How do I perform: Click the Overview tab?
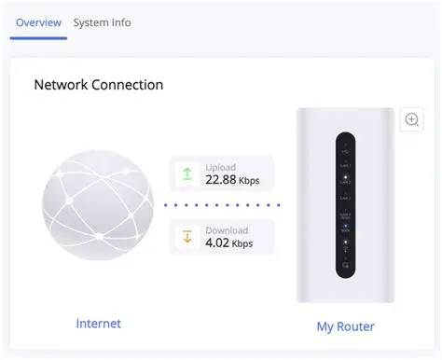coord(38,22)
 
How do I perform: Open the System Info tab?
coord(102,22)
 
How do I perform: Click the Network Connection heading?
coord(98,85)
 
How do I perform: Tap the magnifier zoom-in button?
coord(411,119)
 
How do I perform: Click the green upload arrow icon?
coord(186,173)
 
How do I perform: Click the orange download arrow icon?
coord(186,237)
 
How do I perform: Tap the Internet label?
coord(98,324)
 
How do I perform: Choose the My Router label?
coord(345,326)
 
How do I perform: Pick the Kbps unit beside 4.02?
coord(242,245)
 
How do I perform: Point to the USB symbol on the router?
coord(345,147)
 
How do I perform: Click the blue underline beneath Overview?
coord(38,38)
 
